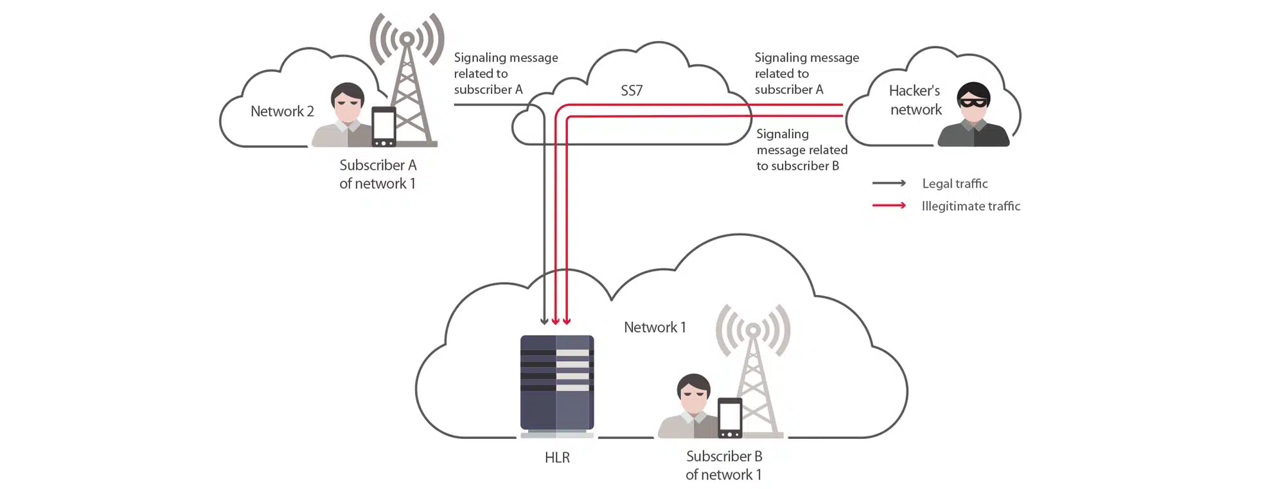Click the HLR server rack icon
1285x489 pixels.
556,383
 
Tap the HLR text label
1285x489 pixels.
557,458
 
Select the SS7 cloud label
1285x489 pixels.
632,91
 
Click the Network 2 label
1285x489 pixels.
282,111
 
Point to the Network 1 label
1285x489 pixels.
655,327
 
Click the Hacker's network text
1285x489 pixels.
915,100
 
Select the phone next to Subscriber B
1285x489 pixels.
730,418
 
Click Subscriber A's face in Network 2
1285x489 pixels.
348,105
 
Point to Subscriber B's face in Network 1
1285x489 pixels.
694,395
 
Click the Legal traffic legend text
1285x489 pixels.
955,184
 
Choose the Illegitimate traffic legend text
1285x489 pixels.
971,206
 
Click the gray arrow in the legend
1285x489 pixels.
889,184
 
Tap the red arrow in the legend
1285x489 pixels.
889,206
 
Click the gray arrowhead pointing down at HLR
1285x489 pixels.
544,320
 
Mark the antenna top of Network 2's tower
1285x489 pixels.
406,39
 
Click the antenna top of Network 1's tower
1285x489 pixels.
752,330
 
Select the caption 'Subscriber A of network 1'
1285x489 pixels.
378,174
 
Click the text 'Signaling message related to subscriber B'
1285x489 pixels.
801,150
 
